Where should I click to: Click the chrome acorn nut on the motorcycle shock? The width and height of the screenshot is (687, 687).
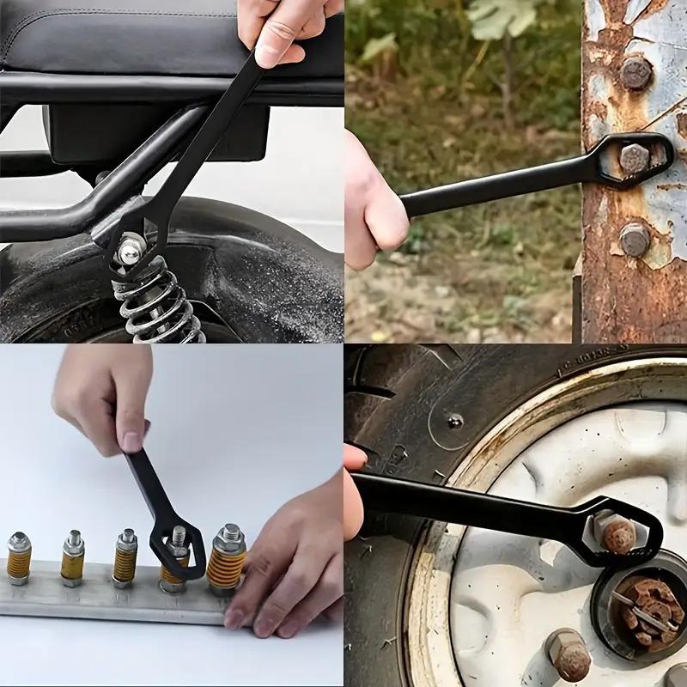tap(131, 251)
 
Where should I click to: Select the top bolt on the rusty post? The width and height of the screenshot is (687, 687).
tap(636, 74)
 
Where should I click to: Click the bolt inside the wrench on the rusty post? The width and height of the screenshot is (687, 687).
tap(635, 158)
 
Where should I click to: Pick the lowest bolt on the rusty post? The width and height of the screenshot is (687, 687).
tap(635, 239)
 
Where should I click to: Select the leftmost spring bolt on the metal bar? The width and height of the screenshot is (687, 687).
tap(19, 558)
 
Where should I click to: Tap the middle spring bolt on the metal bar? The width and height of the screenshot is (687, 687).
tap(126, 558)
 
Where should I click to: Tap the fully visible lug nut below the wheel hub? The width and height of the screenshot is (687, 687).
tap(569, 657)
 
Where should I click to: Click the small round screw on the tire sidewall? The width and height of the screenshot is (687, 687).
tap(455, 421)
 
